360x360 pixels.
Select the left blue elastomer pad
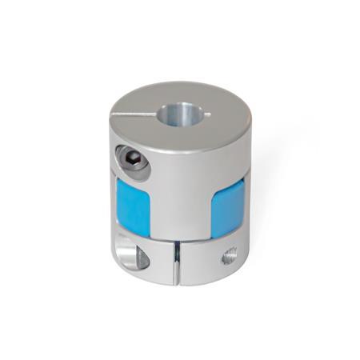133,206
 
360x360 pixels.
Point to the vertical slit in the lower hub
177,263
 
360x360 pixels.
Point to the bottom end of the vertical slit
178,282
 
